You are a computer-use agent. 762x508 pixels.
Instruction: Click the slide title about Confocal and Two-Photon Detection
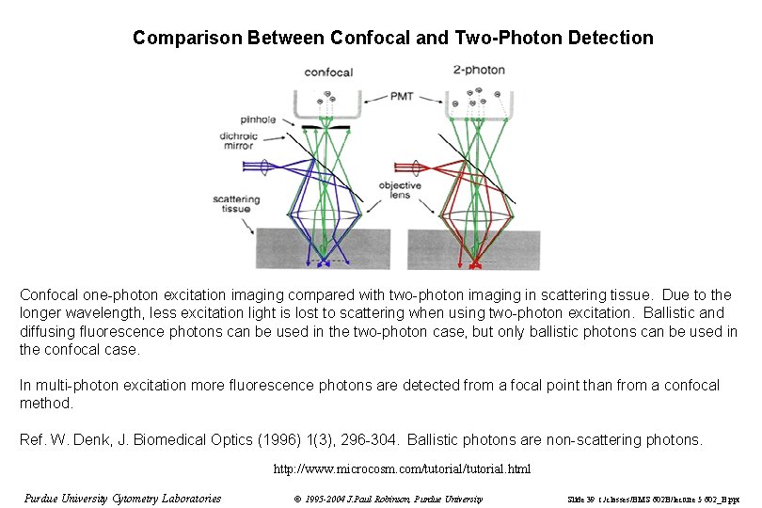pos(392,39)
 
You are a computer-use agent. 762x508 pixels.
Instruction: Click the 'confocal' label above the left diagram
pos(329,72)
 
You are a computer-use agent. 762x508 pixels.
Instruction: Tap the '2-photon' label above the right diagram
pos(479,70)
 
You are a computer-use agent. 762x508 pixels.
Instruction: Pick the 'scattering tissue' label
pos(231,204)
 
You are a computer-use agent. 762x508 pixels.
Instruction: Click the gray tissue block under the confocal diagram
pos(282,248)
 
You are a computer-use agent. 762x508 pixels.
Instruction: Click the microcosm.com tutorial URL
pos(402,468)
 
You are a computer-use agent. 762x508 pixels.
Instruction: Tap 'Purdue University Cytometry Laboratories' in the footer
pos(122,499)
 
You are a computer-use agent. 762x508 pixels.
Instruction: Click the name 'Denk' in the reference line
pos(88,439)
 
